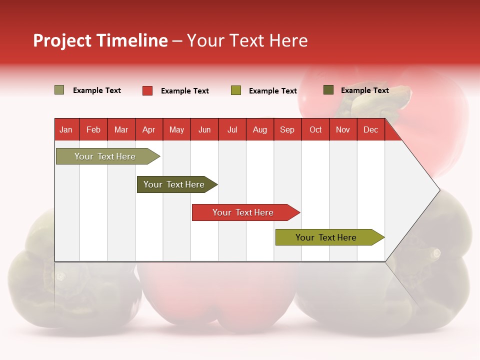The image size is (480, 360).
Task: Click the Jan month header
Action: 66,129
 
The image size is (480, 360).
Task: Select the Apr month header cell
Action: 149,129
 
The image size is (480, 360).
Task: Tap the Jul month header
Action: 232,129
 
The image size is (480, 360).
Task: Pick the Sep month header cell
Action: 287,129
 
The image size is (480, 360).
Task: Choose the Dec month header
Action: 370,129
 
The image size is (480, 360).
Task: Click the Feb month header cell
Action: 93,129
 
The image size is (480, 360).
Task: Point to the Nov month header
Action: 343,129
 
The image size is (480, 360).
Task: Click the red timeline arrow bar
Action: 243,212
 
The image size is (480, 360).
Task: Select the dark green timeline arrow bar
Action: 174,184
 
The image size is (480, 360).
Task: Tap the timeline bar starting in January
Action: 105,156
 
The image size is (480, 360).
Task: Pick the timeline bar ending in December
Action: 326,237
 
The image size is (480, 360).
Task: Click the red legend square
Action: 147,90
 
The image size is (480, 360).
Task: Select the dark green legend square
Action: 328,90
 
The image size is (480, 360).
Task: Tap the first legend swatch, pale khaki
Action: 59,90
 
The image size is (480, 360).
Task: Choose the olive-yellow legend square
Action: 236,90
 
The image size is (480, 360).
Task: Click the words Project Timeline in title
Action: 100,40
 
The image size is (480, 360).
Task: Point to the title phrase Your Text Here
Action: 247,40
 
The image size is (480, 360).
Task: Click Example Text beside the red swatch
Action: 185,91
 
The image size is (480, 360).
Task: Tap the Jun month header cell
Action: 204,129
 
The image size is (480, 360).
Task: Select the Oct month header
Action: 315,129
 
